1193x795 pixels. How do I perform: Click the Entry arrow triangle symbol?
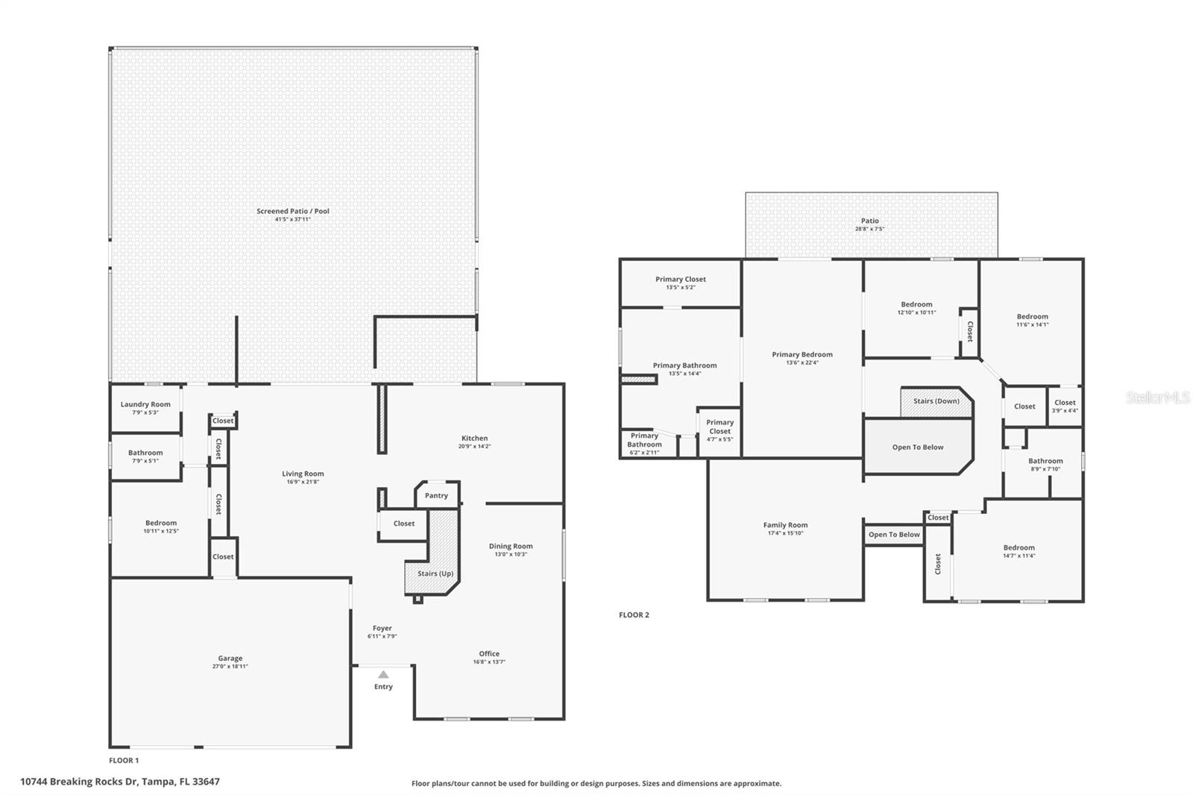tap(383, 674)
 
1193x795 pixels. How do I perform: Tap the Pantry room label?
tap(436, 495)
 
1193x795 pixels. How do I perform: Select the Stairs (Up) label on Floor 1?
tap(435, 574)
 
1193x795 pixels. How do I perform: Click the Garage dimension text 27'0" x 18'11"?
tap(230, 667)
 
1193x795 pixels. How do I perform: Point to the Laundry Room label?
tap(145, 404)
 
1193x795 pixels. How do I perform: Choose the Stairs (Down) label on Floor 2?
tap(937, 401)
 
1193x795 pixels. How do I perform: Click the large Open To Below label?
tap(918, 447)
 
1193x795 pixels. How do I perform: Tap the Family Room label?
tap(785, 525)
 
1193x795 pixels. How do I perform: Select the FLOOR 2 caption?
tap(634, 615)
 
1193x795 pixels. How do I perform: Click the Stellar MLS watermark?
tap(1158, 397)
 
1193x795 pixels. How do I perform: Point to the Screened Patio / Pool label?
tap(293, 211)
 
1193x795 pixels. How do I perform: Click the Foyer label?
tap(382, 628)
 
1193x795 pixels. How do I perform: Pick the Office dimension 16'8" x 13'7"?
tap(489, 662)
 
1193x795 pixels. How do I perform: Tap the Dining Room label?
tap(511, 546)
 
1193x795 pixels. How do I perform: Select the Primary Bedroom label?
tap(802, 354)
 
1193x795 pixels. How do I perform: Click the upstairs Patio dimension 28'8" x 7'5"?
tap(869, 229)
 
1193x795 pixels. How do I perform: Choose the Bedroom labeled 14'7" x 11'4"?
tap(1019, 547)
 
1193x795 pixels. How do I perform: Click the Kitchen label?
tap(474, 439)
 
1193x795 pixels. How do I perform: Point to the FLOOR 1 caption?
tap(124, 761)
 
